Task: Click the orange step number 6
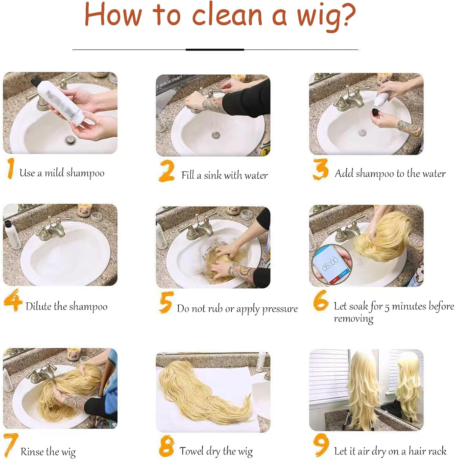[321, 301]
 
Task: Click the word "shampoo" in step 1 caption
[85, 173]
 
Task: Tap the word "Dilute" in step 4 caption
[39, 306]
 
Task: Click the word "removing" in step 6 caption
[354, 319]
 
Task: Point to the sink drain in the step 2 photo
[216, 134]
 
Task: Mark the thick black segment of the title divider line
[215, 49]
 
